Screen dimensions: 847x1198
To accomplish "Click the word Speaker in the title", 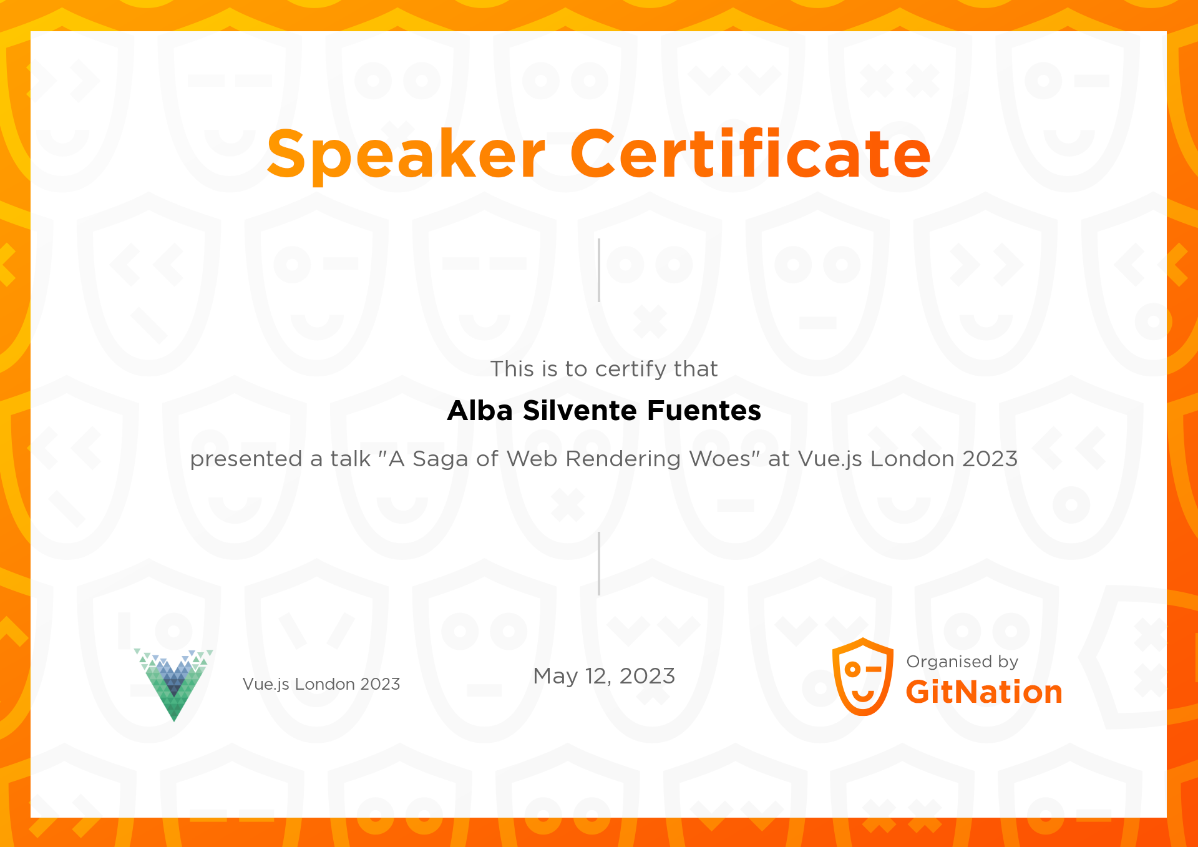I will click(x=406, y=154).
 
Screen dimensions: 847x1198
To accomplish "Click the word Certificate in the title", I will click(x=750, y=154).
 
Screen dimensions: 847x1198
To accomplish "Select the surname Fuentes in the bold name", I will click(x=704, y=411).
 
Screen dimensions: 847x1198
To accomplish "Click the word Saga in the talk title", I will click(x=440, y=459).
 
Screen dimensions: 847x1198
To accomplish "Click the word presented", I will click(x=246, y=459).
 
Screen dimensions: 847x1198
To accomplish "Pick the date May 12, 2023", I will click(x=604, y=676).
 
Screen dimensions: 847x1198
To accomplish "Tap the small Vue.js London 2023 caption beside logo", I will click(x=321, y=684).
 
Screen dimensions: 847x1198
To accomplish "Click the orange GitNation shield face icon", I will click(x=863, y=677).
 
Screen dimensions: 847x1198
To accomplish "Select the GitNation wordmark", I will click(x=984, y=692).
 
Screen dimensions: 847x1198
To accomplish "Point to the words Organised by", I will click(x=962, y=662).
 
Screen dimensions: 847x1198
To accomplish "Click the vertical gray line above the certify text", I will click(x=599, y=270).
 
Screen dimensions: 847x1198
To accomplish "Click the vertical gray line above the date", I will click(x=599, y=564).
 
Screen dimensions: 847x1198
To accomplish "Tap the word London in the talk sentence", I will click(x=912, y=459).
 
